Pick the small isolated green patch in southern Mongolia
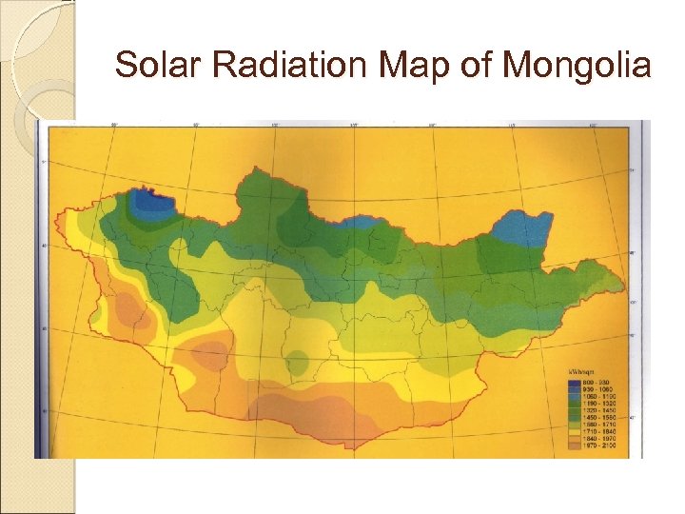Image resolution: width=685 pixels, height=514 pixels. click(298, 363)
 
